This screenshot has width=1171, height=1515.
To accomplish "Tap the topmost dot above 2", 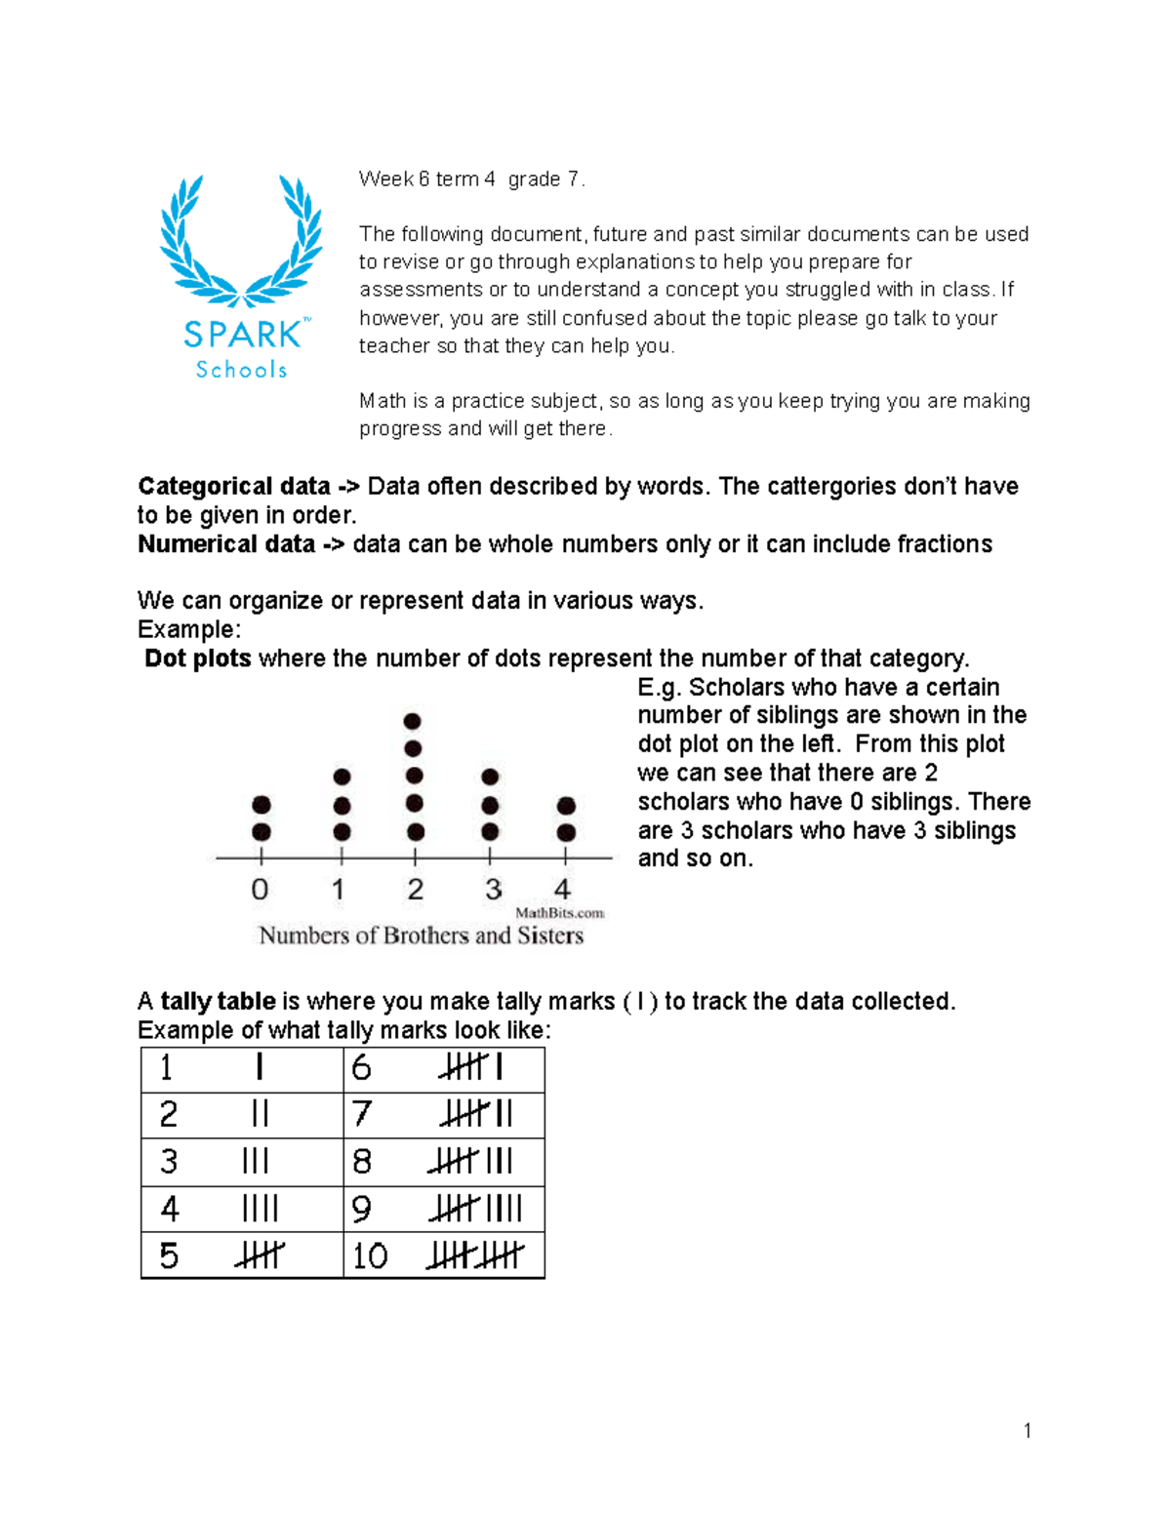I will pyautogui.click(x=413, y=721).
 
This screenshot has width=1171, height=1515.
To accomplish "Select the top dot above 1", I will pyautogui.click(x=342, y=777).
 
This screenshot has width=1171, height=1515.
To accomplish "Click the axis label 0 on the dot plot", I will pyautogui.click(x=260, y=890).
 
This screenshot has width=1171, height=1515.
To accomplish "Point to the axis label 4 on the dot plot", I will pyautogui.click(x=563, y=890).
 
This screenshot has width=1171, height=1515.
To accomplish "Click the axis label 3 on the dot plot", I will pyautogui.click(x=493, y=890).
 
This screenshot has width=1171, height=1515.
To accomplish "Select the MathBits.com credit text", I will pyautogui.click(x=560, y=913).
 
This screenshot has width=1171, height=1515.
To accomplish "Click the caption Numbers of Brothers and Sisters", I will pyautogui.click(x=421, y=936).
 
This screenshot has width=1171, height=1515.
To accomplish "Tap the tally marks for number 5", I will pyautogui.click(x=259, y=1256).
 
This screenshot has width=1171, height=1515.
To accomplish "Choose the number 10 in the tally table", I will pyautogui.click(x=370, y=1256).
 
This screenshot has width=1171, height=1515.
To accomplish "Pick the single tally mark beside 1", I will pyautogui.click(x=259, y=1067).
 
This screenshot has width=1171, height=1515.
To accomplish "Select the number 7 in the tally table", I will pyautogui.click(x=362, y=1114).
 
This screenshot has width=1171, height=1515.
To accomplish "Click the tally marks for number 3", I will pyautogui.click(x=255, y=1162).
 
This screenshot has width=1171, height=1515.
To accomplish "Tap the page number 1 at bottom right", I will pyautogui.click(x=1028, y=1431).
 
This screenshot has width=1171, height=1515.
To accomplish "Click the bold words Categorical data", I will pyautogui.click(x=234, y=486).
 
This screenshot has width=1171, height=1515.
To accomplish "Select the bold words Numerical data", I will pyautogui.click(x=226, y=543).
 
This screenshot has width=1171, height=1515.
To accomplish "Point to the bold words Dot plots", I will pyautogui.click(x=198, y=658).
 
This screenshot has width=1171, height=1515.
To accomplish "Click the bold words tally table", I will pyautogui.click(x=218, y=1001).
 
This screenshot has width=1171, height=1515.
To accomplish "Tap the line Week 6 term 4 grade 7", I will pyautogui.click(x=471, y=179).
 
